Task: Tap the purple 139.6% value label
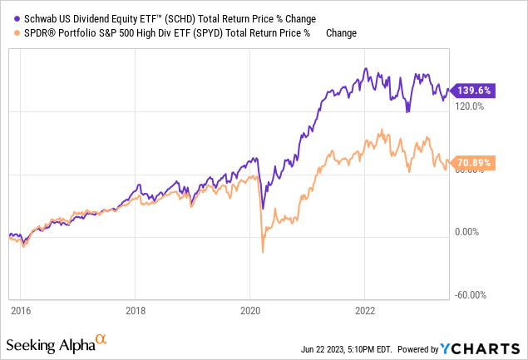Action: pyautogui.click(x=470, y=90)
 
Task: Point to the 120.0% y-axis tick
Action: pyautogui.click(x=468, y=106)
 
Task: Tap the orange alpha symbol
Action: pyautogui.click(x=101, y=339)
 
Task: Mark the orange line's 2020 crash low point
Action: pyautogui.click(x=263, y=252)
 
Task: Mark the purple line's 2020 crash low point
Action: pyautogui.click(x=263, y=208)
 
